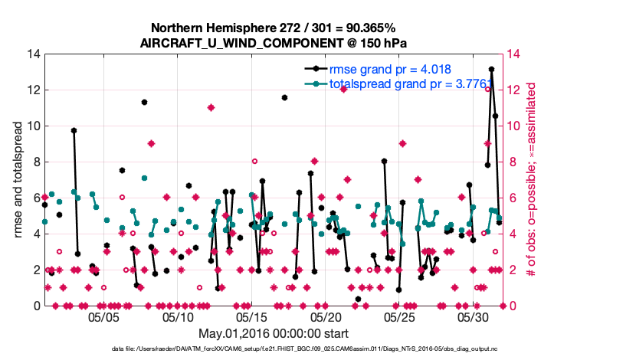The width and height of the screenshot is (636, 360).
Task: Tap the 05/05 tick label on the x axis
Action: click(x=104, y=316)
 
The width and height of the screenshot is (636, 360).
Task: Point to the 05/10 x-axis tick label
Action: click(x=178, y=316)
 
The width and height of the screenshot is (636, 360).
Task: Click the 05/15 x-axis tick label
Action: click(x=251, y=316)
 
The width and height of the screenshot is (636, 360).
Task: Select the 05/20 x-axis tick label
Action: click(x=325, y=316)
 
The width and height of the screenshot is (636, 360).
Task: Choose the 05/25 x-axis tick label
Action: click(x=398, y=316)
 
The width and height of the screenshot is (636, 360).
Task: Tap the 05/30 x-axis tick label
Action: click(x=472, y=316)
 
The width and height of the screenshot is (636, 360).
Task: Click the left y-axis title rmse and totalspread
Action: click(x=19, y=179)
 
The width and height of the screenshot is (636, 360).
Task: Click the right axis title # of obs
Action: click(x=530, y=179)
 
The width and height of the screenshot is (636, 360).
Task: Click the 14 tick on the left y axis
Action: click(x=33, y=54)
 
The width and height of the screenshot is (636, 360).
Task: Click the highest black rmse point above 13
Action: click(x=491, y=69)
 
